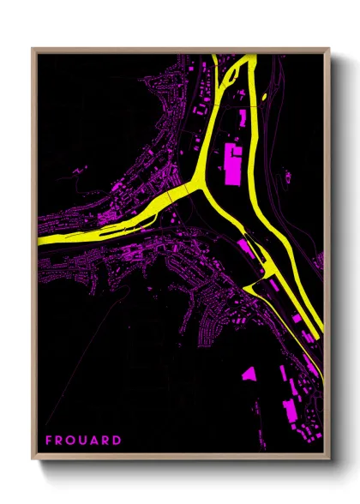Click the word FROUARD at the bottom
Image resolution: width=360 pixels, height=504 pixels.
pyautogui.click(x=83, y=441)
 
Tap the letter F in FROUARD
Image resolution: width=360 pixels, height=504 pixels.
pyautogui.click(x=49, y=441)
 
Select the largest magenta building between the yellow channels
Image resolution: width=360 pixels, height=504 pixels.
pyautogui.click(x=231, y=163)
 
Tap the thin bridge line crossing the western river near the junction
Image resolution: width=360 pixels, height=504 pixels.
pyautogui.click(x=171, y=197)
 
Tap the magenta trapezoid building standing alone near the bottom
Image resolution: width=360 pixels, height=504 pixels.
pyautogui.click(x=249, y=374)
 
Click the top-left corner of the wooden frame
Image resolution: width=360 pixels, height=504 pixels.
pyautogui.click(x=33, y=48)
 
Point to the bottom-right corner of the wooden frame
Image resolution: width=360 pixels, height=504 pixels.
pyautogui.click(x=329, y=459)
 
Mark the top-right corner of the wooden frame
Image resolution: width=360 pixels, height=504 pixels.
pyautogui.click(x=329, y=48)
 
